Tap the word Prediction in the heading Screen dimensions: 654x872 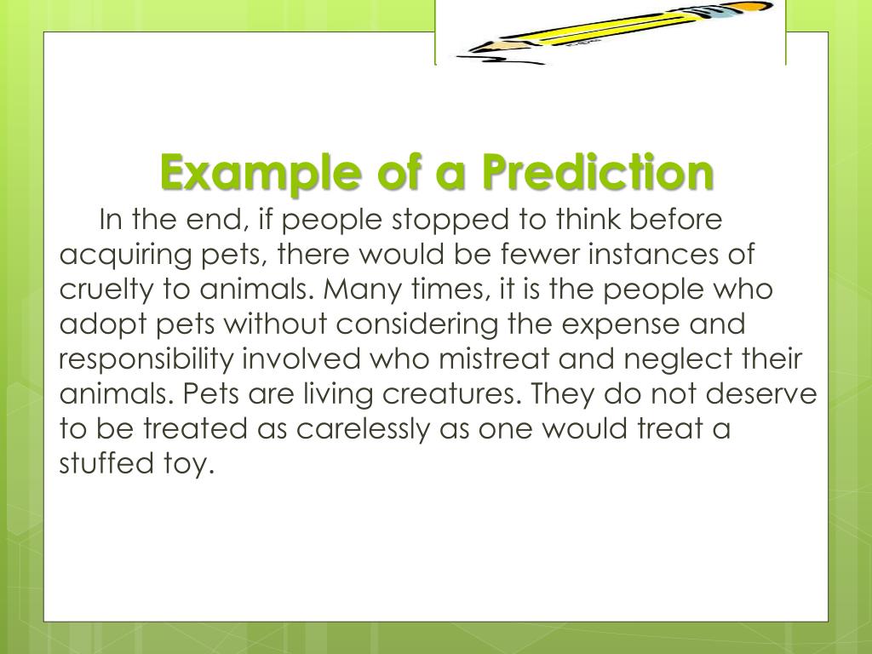596,173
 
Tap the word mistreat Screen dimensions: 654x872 493,359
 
